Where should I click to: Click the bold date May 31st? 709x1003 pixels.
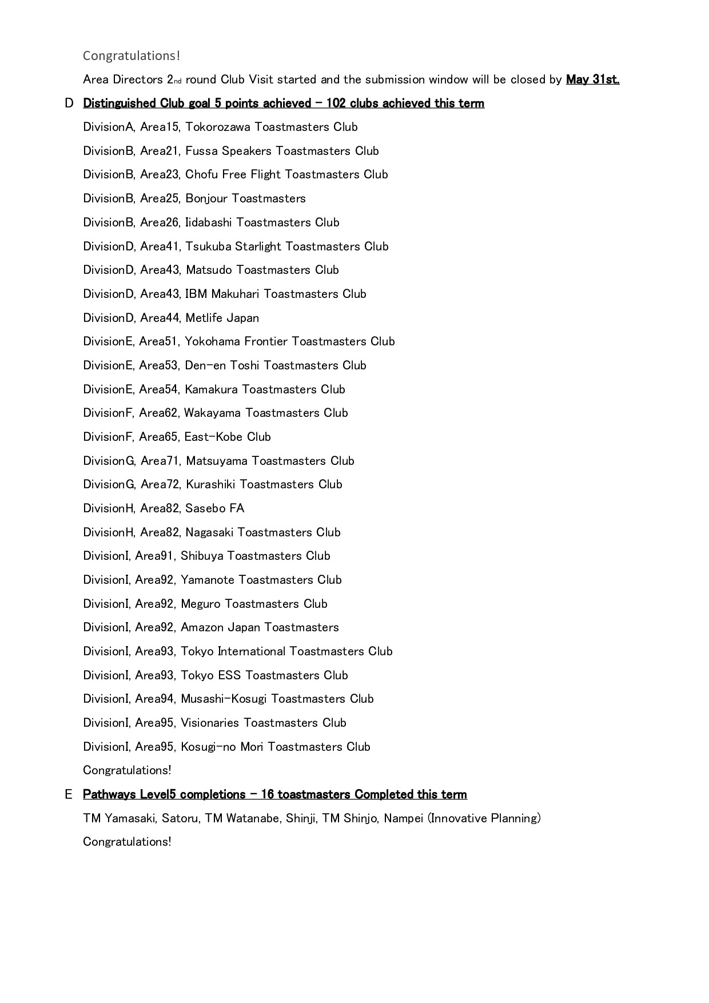(x=592, y=79)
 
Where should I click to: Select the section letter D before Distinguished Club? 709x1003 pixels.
(x=69, y=104)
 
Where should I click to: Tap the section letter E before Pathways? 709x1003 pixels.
(x=69, y=795)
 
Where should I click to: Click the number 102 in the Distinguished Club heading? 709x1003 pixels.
(x=336, y=104)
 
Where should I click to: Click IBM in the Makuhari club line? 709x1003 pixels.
(x=196, y=294)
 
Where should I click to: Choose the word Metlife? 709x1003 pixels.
(x=204, y=318)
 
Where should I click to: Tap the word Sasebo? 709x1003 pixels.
(x=205, y=508)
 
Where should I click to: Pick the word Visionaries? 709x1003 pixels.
(x=210, y=723)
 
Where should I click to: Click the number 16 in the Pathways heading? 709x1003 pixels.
(x=267, y=795)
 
